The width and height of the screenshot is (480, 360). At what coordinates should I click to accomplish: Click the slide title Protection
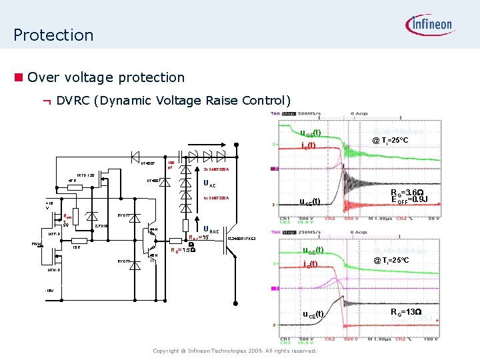(x=53, y=35)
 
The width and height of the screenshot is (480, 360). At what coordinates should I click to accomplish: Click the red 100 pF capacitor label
(x=171, y=165)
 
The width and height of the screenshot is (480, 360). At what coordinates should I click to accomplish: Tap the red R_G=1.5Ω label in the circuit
(x=183, y=250)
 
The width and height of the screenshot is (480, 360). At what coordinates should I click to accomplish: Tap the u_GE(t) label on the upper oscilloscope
(x=310, y=133)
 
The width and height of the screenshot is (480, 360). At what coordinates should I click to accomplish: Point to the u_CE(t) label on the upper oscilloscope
(x=310, y=201)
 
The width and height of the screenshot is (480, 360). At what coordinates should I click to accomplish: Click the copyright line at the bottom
(x=234, y=350)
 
